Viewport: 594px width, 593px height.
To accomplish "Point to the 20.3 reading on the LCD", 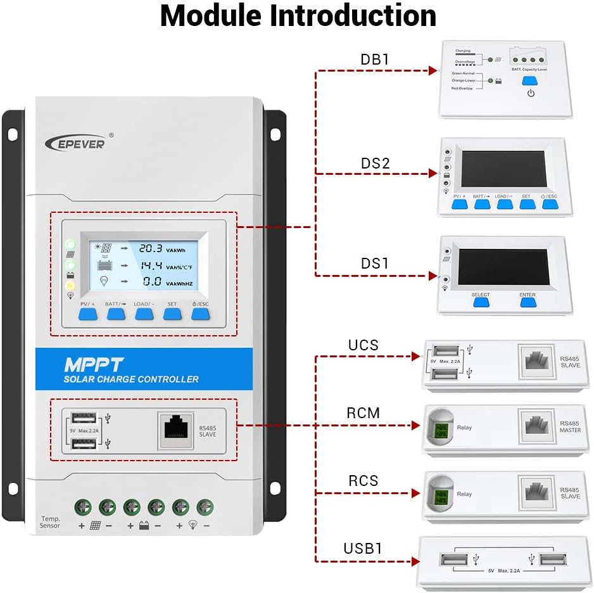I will click(x=151, y=248).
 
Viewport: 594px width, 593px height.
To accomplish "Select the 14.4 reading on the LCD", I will click(x=151, y=265).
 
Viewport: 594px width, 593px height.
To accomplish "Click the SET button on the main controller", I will click(x=172, y=313).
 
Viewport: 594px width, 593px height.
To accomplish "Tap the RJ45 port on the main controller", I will click(x=176, y=429).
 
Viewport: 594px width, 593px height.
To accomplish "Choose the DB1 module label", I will click(x=375, y=60).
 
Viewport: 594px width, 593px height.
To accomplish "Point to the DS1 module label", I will click(x=375, y=263).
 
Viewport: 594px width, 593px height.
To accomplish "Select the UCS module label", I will click(x=363, y=345).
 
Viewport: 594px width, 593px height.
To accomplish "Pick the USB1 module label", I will click(x=363, y=548).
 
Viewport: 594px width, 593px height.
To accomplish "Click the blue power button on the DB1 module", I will click(x=531, y=81).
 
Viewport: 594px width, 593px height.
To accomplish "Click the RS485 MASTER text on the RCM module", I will click(x=570, y=426).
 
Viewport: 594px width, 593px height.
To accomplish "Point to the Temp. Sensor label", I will click(x=50, y=522).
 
